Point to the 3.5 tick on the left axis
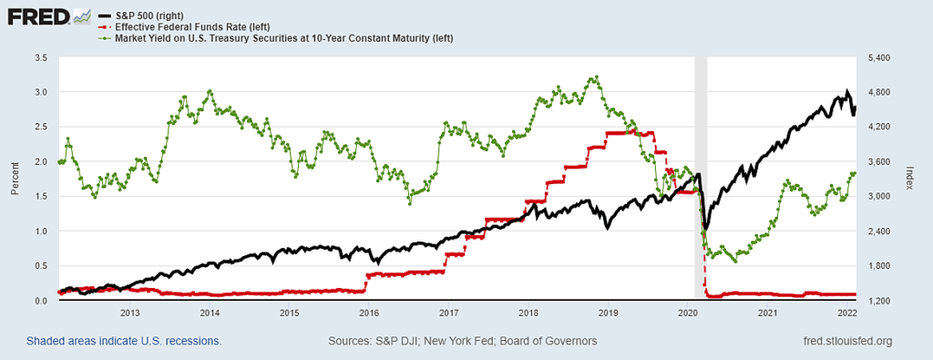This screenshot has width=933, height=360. (42, 57)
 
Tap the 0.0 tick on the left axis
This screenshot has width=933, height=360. (42, 301)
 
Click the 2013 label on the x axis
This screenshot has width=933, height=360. (129, 314)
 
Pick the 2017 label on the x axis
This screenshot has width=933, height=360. (448, 314)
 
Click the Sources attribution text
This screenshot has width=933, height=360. (462, 341)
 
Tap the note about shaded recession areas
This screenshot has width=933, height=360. (124, 341)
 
